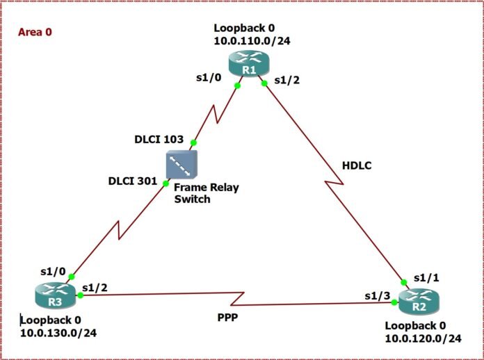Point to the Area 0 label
[x=35, y=31]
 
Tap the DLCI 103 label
[x=159, y=139]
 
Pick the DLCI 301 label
[x=133, y=181]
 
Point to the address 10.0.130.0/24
[x=58, y=332]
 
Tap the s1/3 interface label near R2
[x=378, y=296]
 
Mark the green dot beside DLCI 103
[x=194, y=142]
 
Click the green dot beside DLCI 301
[x=166, y=183]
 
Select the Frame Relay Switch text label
[x=201, y=193]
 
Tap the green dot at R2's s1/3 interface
[x=394, y=302]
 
